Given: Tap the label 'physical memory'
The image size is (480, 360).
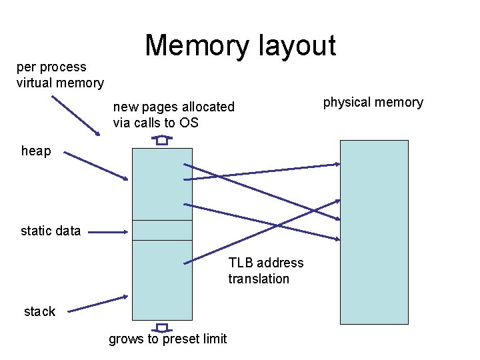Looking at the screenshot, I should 373,102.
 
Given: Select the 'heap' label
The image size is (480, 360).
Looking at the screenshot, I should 36,151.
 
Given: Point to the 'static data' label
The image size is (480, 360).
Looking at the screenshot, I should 51,231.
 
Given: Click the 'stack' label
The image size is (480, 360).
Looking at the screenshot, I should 39,311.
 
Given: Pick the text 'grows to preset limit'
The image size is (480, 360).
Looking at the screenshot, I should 167,339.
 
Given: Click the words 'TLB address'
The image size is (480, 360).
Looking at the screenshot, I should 265,263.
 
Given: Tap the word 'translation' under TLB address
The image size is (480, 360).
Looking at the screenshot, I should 259,279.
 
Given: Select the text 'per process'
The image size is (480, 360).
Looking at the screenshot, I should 51,67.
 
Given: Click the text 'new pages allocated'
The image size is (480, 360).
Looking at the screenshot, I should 173,107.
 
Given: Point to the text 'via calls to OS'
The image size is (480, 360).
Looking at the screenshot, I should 155,123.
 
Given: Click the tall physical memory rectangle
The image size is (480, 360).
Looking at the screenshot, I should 374,231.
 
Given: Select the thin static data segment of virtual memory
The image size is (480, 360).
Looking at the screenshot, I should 162,230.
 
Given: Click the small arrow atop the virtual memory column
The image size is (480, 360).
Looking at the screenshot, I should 161,140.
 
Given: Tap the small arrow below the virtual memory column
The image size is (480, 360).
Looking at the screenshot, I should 162,327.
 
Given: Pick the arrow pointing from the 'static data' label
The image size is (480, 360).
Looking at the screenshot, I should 107,232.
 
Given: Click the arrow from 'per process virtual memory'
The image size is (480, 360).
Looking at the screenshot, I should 76,115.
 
